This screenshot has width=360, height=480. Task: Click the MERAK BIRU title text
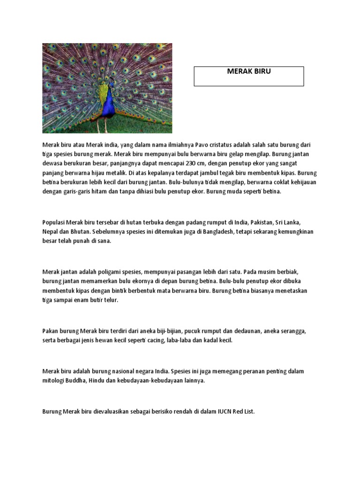(x=249, y=72)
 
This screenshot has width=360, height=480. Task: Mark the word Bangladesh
(x=217, y=232)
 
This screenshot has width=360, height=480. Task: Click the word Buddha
(x=75, y=381)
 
